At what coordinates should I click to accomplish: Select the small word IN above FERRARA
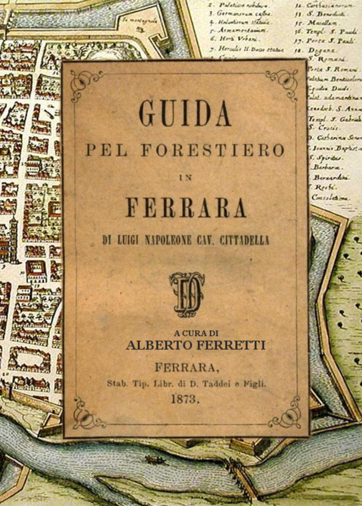point(185,177)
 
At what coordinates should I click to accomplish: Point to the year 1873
point(185,399)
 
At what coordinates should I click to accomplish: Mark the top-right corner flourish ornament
point(285,81)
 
